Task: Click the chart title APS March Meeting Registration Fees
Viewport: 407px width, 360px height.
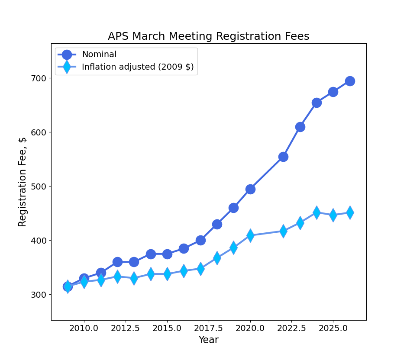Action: tap(208, 36)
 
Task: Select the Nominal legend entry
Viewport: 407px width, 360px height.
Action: tap(99, 55)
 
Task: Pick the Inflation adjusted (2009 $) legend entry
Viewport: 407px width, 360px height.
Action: tap(138, 67)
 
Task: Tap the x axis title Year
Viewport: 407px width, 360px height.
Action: tap(208, 340)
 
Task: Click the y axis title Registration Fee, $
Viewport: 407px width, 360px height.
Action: tap(23, 182)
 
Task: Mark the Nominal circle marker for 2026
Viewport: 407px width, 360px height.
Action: tap(350, 81)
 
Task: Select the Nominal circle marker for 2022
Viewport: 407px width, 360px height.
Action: tap(283, 157)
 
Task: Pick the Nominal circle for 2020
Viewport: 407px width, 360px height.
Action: tap(250, 189)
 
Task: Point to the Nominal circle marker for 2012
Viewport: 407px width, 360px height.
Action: tap(117, 262)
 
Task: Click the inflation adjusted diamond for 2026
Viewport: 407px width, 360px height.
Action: tap(350, 212)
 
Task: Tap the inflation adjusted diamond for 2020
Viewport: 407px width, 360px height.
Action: tap(250, 235)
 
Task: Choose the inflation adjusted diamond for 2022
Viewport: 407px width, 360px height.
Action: tap(283, 231)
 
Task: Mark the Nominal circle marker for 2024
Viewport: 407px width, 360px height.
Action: tap(317, 103)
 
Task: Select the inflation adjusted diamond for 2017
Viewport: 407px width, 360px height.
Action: tap(200, 269)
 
